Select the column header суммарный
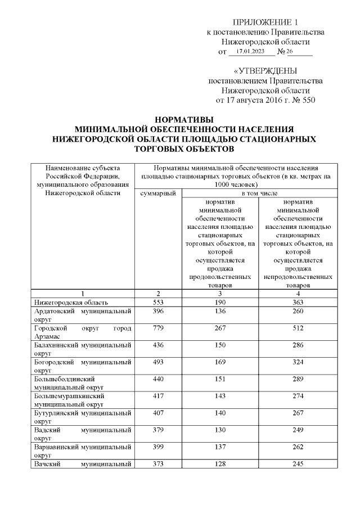point(158,193)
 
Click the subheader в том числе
point(259,193)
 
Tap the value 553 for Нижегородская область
point(158,303)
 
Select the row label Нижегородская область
point(68,303)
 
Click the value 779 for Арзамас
point(158,328)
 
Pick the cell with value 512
point(298,328)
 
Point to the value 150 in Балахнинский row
point(220,345)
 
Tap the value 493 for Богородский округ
point(158,362)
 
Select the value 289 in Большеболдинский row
point(298,379)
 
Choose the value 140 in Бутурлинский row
point(220,413)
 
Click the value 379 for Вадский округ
point(158,430)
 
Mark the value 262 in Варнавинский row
point(298,447)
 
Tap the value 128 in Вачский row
point(220,464)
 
